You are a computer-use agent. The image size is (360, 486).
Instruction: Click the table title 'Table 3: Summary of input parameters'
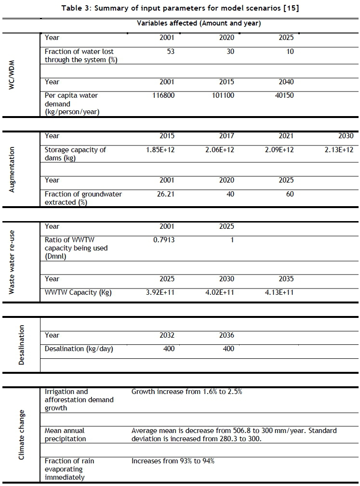[x=180, y=9]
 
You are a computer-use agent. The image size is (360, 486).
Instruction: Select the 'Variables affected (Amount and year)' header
[x=199, y=23]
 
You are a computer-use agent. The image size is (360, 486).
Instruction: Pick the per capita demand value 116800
[x=163, y=95]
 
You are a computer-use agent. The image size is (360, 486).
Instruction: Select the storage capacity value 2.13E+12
[x=339, y=150]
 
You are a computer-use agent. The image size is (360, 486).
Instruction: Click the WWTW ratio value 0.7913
[x=163, y=240]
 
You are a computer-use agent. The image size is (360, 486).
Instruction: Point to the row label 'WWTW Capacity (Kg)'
[x=78, y=292]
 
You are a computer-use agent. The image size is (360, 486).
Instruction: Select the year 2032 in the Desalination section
[x=167, y=335]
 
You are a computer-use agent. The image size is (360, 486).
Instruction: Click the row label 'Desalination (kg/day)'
[x=79, y=349]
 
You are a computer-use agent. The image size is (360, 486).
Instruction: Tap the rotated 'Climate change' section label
[x=21, y=434]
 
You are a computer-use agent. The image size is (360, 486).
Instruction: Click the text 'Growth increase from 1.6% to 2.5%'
[x=187, y=392]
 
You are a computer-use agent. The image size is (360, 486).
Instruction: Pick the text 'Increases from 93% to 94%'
[x=173, y=461]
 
